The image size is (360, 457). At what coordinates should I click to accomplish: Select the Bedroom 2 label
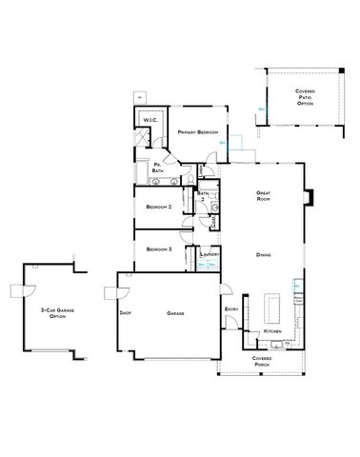coord(159,206)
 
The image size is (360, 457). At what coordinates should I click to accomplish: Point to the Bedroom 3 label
coord(159,249)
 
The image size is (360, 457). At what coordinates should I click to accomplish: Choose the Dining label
coord(265,255)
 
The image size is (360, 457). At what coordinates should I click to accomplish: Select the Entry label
coord(230,309)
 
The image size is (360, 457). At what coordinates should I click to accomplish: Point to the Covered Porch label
coord(262,361)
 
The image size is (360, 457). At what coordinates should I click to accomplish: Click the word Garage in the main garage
coord(175,313)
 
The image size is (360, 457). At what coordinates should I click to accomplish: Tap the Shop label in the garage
coord(124,313)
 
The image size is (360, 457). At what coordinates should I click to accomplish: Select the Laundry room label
coord(210,255)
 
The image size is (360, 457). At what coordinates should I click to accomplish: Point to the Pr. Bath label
coord(158,169)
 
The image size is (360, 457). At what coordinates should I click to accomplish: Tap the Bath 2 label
coord(203,194)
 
